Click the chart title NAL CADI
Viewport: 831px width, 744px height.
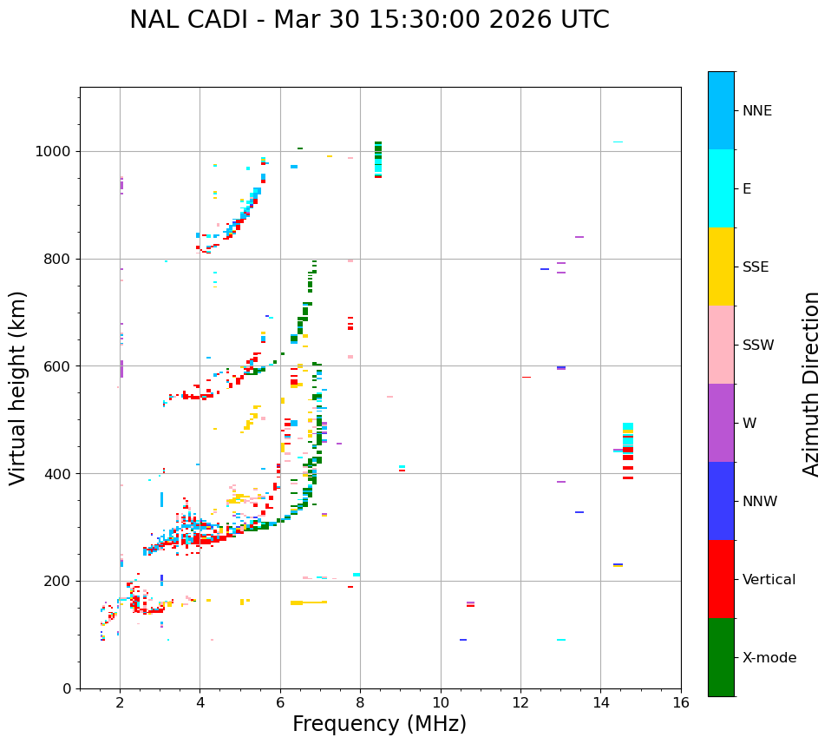click(369, 20)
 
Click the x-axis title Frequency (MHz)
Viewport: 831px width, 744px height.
click(379, 724)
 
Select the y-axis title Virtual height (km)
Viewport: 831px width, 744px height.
click(18, 387)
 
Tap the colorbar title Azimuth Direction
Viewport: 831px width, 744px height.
click(811, 383)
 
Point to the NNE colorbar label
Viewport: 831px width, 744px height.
click(756, 111)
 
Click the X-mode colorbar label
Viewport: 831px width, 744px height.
click(769, 658)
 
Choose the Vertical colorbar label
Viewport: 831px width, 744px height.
click(769, 580)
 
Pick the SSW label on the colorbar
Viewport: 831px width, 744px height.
click(758, 346)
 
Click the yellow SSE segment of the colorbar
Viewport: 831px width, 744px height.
click(721, 266)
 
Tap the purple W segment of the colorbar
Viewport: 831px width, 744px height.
click(721, 423)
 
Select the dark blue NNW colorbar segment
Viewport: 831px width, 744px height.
click(721, 501)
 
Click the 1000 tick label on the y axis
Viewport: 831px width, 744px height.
click(54, 152)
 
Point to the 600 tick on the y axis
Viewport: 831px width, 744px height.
click(58, 366)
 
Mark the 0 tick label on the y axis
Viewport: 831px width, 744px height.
click(67, 688)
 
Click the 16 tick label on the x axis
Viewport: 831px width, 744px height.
click(681, 702)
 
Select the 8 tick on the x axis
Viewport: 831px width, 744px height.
click(360, 702)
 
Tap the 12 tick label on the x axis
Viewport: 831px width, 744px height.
click(520, 702)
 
